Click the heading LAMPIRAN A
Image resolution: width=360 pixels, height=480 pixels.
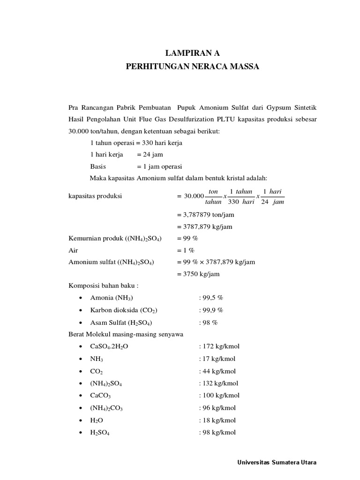point(192,53)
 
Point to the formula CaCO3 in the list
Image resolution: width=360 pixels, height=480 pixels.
point(100,396)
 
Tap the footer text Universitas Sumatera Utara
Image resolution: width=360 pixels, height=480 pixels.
point(277,462)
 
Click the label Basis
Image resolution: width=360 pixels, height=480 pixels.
point(98,166)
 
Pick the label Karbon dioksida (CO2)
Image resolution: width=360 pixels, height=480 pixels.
point(124,310)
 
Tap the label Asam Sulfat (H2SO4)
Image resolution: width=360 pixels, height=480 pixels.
point(121,322)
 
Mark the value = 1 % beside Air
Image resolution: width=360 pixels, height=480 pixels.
point(186,250)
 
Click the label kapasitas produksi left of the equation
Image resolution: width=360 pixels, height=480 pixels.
point(95,196)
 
